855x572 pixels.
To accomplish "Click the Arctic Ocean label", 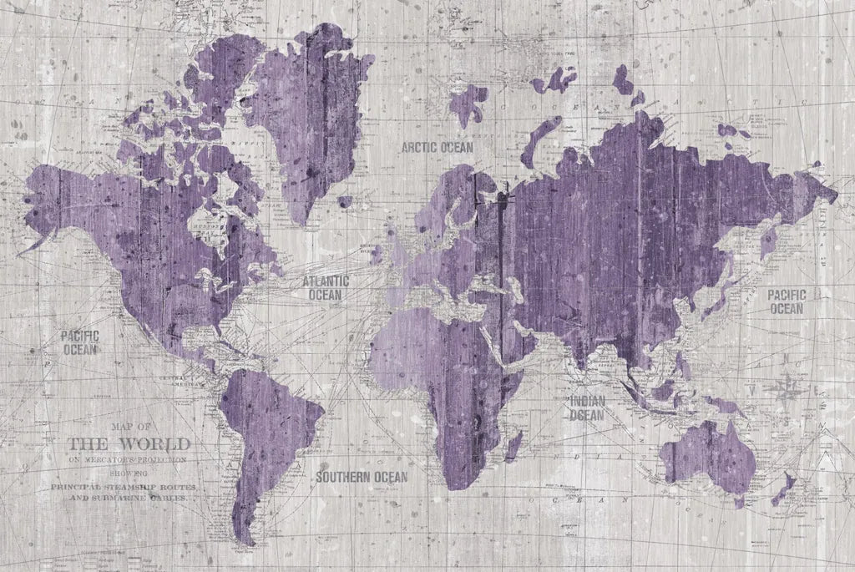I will pos(437,147).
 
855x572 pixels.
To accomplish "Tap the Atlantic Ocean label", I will pos(325,288).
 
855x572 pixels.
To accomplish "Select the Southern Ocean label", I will pos(362,477).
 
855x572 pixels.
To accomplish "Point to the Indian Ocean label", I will pos(587,408).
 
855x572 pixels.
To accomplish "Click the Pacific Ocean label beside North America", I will pos(80,342).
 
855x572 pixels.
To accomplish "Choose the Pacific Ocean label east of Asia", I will pos(786,301).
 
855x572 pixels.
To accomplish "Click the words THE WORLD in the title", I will pos(129,443).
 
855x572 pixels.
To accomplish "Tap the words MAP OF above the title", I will pos(128,426).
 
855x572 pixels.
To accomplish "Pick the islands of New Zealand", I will pos(785,488).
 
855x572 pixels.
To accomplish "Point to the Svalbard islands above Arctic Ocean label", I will pos(468,104).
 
